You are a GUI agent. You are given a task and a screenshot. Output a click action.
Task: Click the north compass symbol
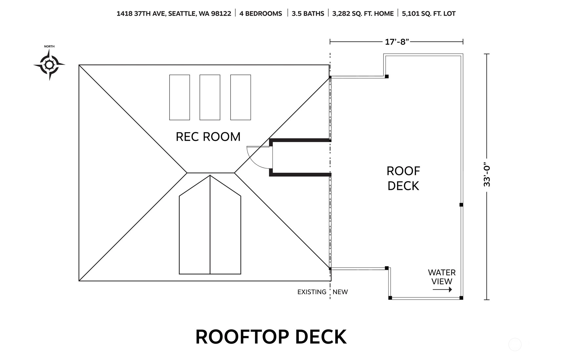point(49,65)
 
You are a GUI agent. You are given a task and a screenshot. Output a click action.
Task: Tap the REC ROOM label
point(208,137)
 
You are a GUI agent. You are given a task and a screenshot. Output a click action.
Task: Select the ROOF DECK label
point(403,178)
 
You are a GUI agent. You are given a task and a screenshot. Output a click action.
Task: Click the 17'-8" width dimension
point(397,42)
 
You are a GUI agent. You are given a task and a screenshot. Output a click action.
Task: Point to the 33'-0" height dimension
point(487,176)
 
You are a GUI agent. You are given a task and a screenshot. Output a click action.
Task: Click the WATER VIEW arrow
point(442,290)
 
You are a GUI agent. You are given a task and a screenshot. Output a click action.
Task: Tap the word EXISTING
point(312,292)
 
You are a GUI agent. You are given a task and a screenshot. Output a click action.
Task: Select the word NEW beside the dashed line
point(340,292)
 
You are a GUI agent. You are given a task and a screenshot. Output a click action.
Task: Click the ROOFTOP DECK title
point(271,337)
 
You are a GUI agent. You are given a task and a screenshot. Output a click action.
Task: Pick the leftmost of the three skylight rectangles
point(179,97)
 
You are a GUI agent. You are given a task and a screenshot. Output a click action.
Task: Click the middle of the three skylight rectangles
point(210,97)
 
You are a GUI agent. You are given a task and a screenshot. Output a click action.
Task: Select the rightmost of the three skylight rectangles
point(240,97)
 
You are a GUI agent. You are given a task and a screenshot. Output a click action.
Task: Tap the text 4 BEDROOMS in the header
point(260,13)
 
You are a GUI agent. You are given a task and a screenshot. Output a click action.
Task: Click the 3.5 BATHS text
point(308,13)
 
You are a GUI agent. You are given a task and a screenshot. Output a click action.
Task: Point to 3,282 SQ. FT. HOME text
point(363,13)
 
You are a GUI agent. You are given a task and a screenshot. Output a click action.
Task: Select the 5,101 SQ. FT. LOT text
point(429,13)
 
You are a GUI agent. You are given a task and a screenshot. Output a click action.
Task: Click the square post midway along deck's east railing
point(461,205)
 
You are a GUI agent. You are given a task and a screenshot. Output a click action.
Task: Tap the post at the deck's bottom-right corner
point(461,298)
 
